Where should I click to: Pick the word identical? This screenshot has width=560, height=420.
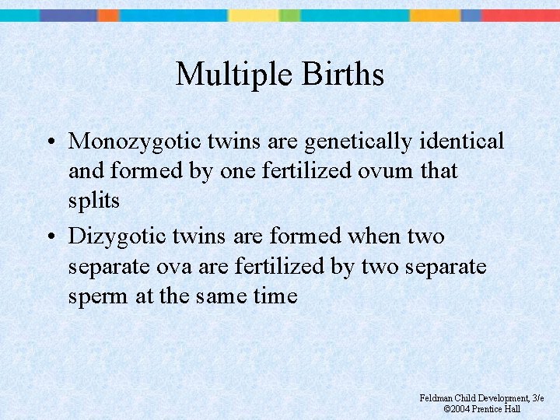tap(461, 141)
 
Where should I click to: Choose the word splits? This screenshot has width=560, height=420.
tap(94, 201)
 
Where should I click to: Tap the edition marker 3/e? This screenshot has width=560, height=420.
tap(537, 398)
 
